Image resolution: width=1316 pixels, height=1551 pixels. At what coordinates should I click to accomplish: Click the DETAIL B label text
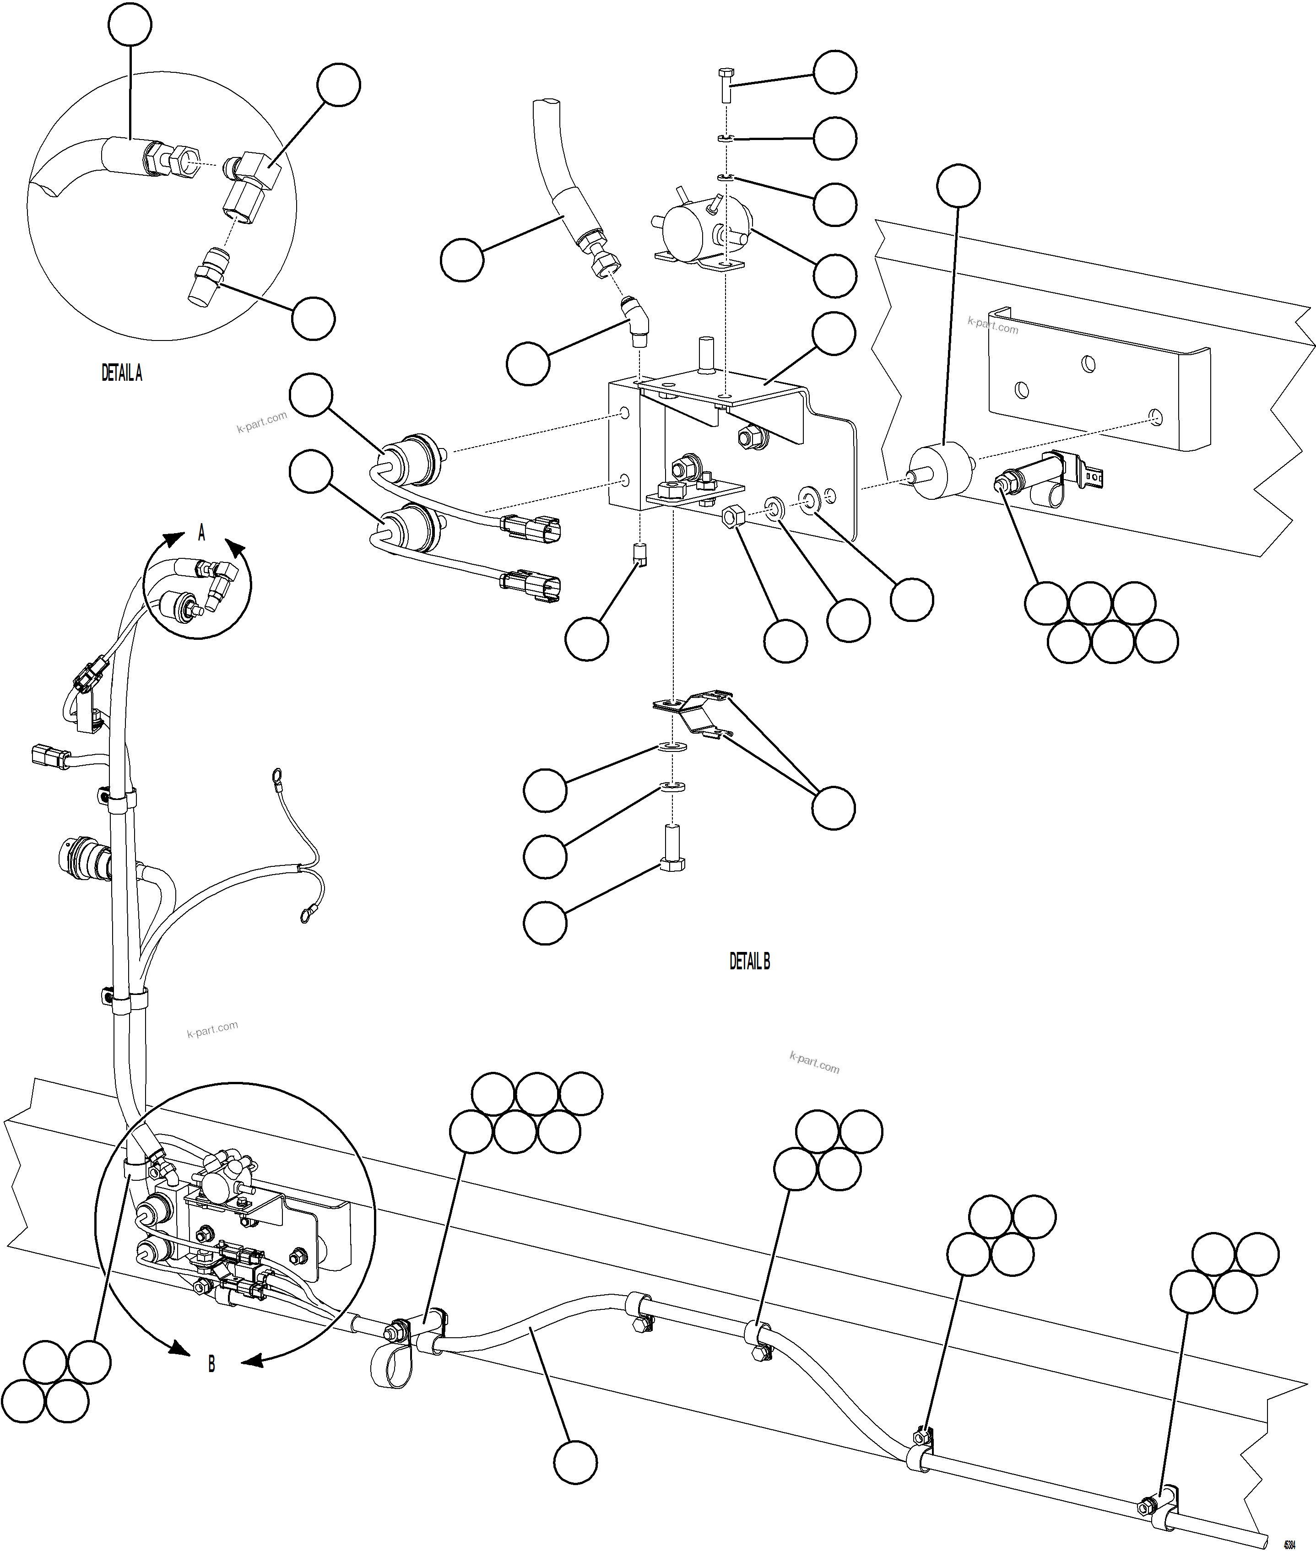click(x=749, y=962)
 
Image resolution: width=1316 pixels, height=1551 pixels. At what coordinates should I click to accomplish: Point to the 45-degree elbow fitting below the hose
click(x=636, y=322)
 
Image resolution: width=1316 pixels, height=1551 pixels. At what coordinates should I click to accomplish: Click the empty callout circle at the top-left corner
click(x=130, y=25)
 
